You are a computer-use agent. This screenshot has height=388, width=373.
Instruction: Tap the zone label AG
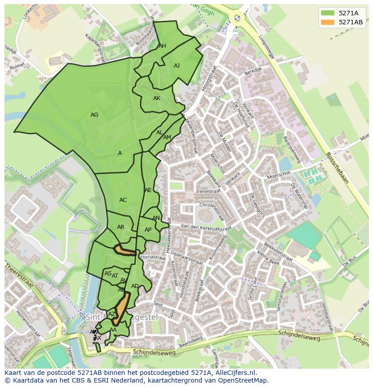[94, 115]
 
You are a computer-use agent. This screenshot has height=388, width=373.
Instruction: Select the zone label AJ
[177, 66]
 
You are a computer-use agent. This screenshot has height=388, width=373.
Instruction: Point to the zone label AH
[162, 46]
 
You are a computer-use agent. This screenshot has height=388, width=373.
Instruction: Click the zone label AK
[157, 98]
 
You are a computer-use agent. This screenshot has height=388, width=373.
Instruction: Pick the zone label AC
[123, 200]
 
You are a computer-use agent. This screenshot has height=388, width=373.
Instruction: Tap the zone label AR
[121, 227]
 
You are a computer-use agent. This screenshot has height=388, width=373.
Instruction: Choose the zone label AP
[148, 230]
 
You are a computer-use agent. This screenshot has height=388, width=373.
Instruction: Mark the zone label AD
[135, 286]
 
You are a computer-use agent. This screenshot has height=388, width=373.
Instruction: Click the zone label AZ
[112, 314]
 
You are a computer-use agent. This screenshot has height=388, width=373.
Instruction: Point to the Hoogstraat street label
[209, 79]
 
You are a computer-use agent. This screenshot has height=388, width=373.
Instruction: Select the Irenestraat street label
[208, 192]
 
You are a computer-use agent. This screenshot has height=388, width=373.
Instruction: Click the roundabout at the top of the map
[237, 18]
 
